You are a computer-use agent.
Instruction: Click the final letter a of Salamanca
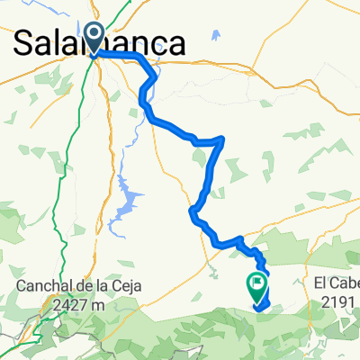click(178, 44)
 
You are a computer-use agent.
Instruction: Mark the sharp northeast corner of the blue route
click(222, 139)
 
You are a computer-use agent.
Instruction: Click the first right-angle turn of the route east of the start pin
click(144, 56)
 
